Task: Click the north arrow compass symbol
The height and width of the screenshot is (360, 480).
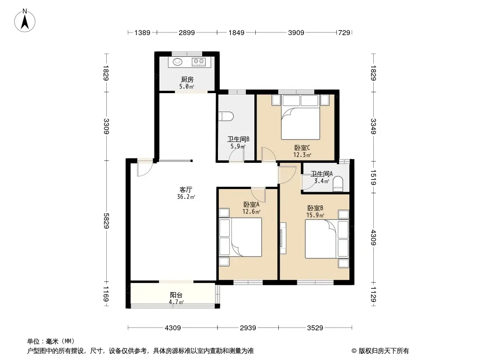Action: click(25, 20)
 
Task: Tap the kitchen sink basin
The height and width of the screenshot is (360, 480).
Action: click(177, 62)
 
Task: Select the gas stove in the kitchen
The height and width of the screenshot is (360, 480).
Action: click(199, 62)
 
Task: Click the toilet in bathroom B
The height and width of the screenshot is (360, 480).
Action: click(226, 116)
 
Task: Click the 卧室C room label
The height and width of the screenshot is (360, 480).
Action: click(302, 148)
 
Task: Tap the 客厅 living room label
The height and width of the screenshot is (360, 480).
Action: click(186, 189)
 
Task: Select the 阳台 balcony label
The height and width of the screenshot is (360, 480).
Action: click(177, 295)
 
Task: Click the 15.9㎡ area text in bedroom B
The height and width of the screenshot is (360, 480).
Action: click(315, 216)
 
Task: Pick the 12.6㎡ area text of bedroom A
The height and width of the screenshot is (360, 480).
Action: click(251, 211)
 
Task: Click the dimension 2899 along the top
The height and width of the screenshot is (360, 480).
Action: click(187, 32)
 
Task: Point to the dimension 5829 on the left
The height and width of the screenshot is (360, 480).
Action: click(106, 221)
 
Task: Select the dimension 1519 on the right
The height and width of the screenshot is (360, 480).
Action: click(373, 177)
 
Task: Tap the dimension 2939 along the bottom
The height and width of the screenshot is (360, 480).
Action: click(248, 328)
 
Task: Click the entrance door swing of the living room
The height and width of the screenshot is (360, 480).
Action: click(145, 169)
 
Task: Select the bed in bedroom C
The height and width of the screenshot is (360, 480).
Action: click(301, 117)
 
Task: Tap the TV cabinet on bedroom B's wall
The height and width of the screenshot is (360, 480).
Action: click(283, 238)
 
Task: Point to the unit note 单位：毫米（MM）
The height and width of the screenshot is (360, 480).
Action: click(51, 341)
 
